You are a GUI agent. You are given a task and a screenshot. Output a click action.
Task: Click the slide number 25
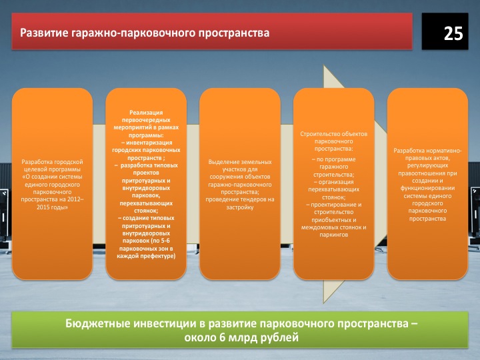pos(453,33)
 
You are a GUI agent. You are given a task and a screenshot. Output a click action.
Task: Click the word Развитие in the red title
pos(44,33)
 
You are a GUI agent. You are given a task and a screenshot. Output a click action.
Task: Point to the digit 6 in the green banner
pos(223,337)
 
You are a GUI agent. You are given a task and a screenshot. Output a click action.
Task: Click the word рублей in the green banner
pos(279,338)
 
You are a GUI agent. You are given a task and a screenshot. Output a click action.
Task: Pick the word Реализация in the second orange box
pos(146,113)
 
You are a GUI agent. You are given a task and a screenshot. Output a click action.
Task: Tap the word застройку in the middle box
pos(240,207)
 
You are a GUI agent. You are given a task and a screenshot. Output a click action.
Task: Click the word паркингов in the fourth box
pos(334,235)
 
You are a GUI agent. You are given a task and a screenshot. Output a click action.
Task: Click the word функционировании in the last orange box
pos(427,188)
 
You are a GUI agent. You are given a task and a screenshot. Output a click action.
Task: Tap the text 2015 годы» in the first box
pos(52,207)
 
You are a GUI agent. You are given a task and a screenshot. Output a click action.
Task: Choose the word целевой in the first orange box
pos(36,169)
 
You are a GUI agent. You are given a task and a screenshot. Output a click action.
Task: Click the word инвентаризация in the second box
pos(149,143)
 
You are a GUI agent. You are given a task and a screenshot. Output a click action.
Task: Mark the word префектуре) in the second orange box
pos(158,256)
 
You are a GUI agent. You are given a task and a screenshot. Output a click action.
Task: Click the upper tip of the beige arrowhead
pos(324,65)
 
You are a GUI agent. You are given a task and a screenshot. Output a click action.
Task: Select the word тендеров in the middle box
pos(255,199)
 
